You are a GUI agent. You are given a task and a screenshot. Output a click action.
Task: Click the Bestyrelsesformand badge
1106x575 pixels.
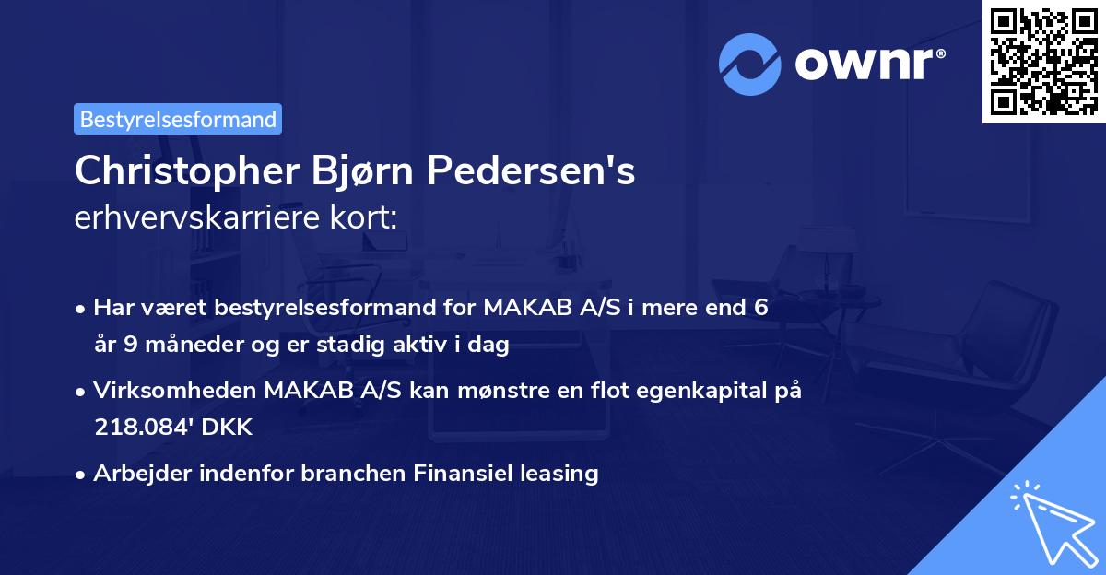pos(178,119)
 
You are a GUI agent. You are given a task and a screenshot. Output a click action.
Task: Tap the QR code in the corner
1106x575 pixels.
pos(1043,61)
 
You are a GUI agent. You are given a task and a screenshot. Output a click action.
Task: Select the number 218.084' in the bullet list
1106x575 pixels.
pos(139,428)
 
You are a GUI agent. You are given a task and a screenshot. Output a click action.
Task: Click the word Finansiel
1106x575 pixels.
pos(466,474)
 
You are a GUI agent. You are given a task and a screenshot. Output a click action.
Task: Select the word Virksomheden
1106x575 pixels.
pos(175,392)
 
